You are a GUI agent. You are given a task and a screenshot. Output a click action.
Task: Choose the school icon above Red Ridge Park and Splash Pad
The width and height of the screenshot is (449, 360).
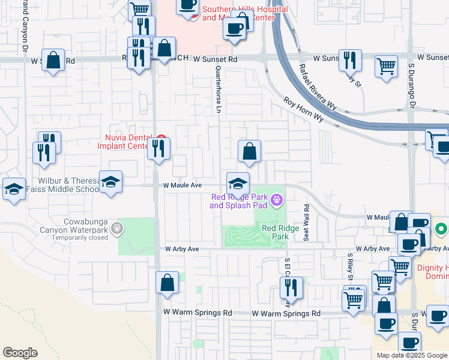click(238, 183)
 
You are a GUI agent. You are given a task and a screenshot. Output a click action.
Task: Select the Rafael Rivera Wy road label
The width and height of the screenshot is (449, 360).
click(319, 88)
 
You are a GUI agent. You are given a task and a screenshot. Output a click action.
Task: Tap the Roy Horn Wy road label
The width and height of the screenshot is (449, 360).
click(304, 110)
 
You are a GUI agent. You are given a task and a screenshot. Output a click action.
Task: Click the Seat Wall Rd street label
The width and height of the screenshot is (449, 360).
click(306, 223)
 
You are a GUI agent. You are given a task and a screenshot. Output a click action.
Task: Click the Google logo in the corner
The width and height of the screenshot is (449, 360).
click(20, 353)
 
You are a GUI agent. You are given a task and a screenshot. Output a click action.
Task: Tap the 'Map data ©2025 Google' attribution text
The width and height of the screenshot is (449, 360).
click(412, 355)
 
